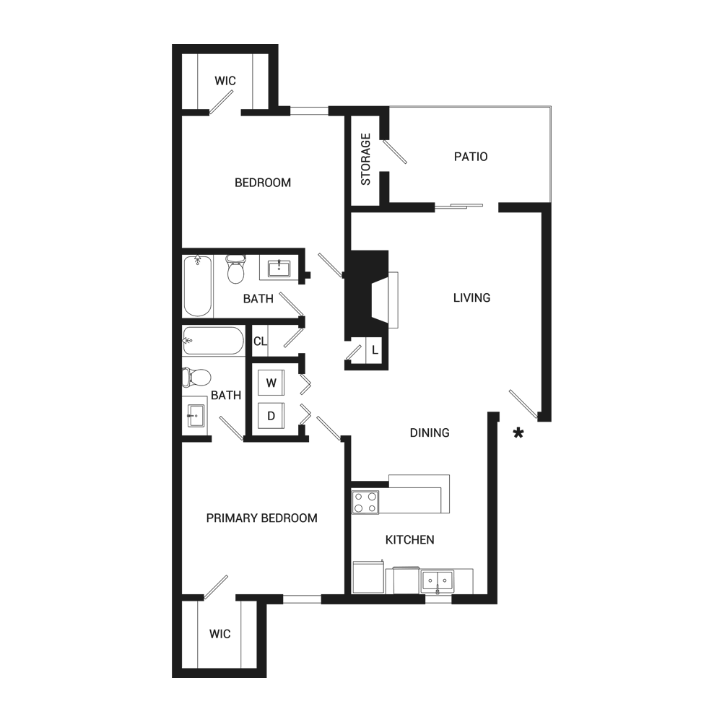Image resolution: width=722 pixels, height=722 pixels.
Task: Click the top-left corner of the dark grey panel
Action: coord(173,45)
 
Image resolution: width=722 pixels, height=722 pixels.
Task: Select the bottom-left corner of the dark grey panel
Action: coord(173,677)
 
